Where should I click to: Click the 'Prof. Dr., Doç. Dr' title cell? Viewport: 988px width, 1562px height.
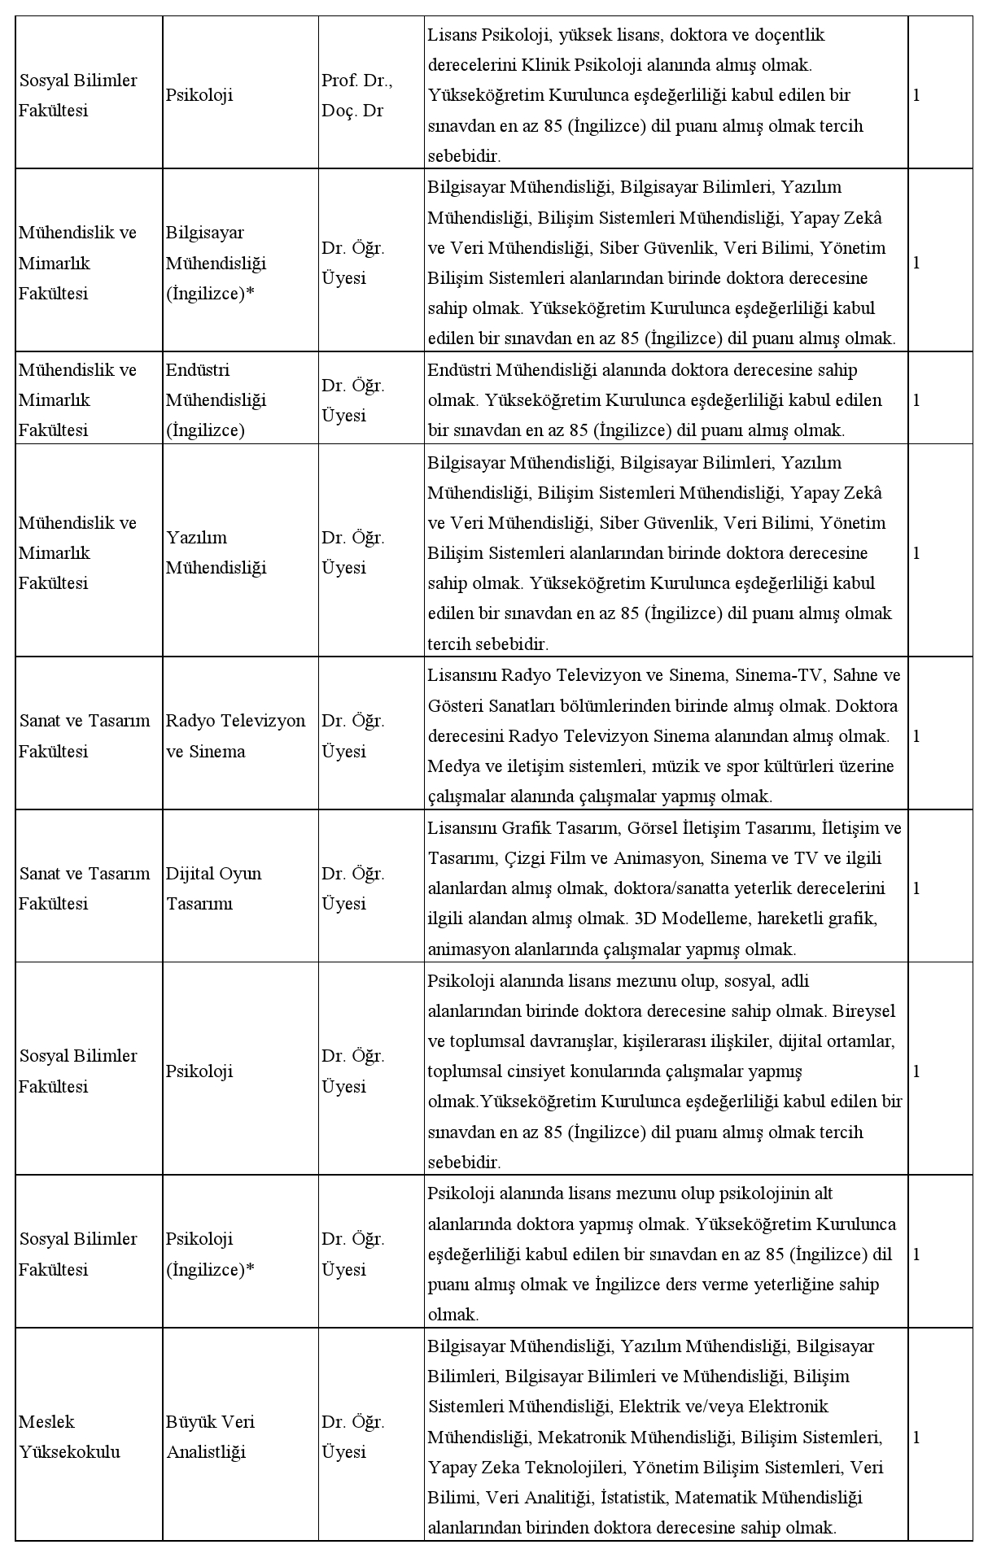pos(357,95)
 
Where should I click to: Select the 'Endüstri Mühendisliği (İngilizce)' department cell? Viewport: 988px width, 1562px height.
pos(216,399)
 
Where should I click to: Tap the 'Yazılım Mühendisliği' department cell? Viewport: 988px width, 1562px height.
pos(216,552)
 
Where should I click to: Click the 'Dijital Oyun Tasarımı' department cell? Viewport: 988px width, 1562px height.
pos(213,888)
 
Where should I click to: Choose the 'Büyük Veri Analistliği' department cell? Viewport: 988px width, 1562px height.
pos(210,1437)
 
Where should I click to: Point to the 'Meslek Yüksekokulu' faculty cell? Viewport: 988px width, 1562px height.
pos(69,1437)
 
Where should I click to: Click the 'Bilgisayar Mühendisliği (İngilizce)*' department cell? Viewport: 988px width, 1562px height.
pos(216,263)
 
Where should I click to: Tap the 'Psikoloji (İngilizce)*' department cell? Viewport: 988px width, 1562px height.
pos(210,1254)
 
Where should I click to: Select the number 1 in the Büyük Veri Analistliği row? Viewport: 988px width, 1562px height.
pos(916,1437)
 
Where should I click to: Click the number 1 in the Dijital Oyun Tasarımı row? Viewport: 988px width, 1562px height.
pos(916,888)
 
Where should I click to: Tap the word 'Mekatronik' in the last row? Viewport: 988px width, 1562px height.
pos(581,1437)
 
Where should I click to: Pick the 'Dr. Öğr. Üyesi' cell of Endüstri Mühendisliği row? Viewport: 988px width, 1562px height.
pos(352,399)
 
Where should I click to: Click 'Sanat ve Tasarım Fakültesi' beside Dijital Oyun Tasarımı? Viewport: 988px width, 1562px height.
pos(85,888)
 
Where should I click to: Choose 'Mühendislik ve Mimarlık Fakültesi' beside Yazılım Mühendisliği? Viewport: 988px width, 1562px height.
pos(77,552)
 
